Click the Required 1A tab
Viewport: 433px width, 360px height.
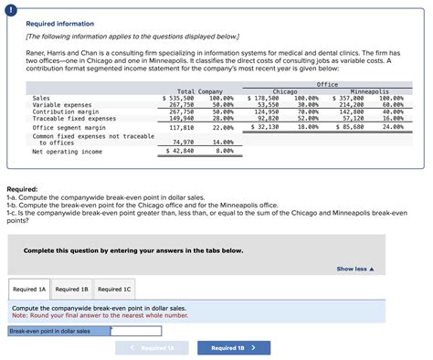pos(29,290)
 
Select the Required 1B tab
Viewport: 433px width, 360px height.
pos(72,290)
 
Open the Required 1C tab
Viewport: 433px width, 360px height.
pos(115,290)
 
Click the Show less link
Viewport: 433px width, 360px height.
pos(356,270)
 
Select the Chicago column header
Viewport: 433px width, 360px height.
pos(284,91)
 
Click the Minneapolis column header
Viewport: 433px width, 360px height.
pos(369,91)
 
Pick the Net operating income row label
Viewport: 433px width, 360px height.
pos(67,152)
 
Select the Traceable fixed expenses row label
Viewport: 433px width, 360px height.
pos(74,118)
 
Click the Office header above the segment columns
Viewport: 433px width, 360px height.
pos(327,84)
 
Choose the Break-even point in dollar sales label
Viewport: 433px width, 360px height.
pos(50,332)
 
